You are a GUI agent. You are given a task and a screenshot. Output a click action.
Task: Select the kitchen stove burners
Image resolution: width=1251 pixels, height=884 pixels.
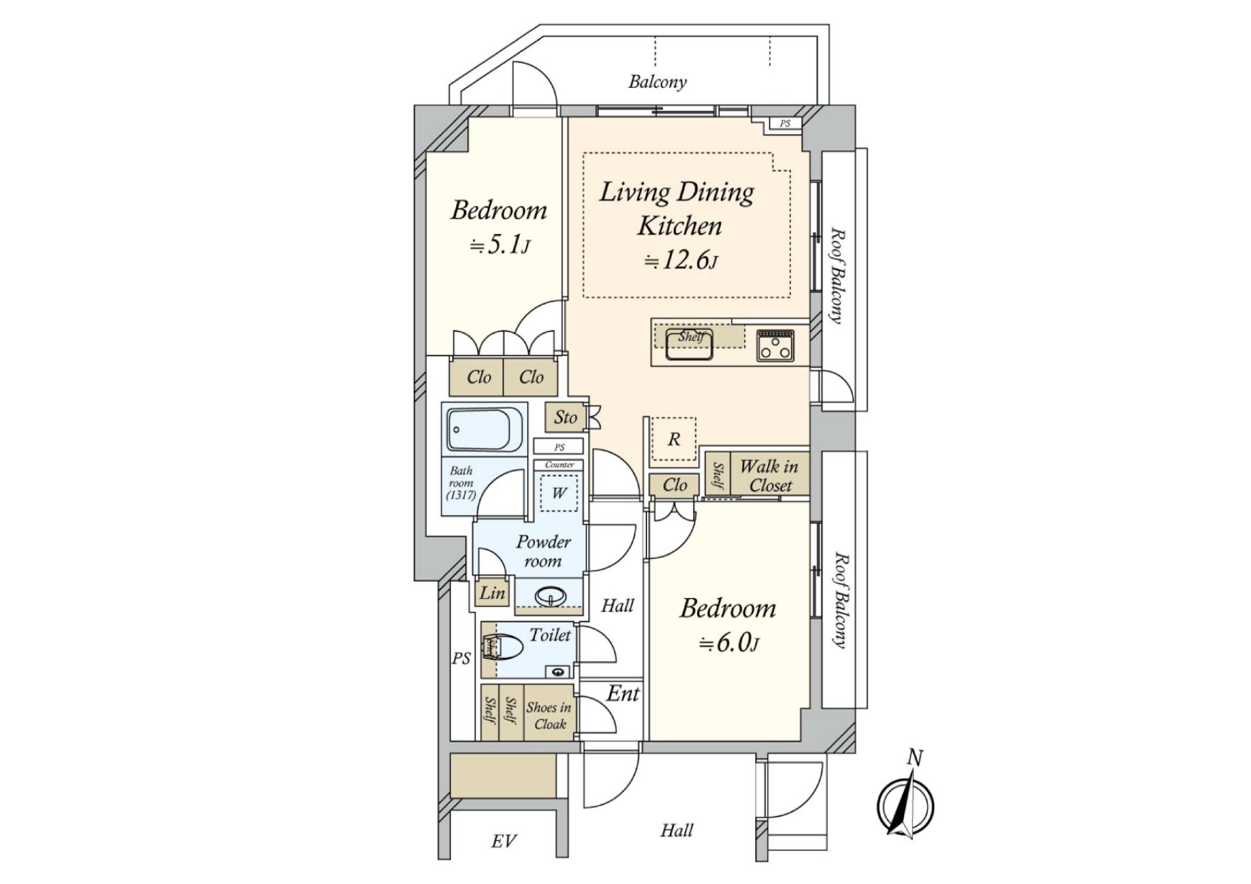[775, 345]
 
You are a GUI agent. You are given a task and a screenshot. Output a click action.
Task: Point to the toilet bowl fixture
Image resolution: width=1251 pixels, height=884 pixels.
[509, 648]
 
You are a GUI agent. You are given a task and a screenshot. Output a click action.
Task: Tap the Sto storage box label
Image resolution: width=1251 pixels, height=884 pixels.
[565, 418]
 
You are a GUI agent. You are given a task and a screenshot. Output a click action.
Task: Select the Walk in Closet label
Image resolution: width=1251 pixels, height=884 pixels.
[769, 476]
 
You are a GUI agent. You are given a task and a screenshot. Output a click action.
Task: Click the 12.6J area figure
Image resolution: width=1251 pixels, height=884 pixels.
[681, 261]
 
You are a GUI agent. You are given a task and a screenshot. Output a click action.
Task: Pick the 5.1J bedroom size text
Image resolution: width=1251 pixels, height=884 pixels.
[500, 246]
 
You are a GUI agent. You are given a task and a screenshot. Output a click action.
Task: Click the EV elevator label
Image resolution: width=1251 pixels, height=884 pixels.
[504, 841]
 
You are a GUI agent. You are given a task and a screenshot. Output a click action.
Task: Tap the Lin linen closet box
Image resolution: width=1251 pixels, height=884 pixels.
[492, 593]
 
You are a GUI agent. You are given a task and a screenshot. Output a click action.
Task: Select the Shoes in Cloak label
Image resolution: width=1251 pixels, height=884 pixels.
[549, 715]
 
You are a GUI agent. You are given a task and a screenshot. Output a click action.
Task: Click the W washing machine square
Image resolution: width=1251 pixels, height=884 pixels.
[559, 493]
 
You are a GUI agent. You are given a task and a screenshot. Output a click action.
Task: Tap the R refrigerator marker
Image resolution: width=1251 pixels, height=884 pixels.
[674, 440]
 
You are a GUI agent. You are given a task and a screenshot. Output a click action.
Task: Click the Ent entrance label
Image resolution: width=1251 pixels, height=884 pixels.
[623, 694]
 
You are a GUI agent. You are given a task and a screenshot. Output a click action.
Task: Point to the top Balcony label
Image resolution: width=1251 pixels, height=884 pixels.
[657, 82]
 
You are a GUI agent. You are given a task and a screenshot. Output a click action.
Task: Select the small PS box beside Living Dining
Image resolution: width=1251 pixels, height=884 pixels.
[785, 124]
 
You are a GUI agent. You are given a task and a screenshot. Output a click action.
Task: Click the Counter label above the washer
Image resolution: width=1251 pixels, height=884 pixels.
[559, 464]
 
